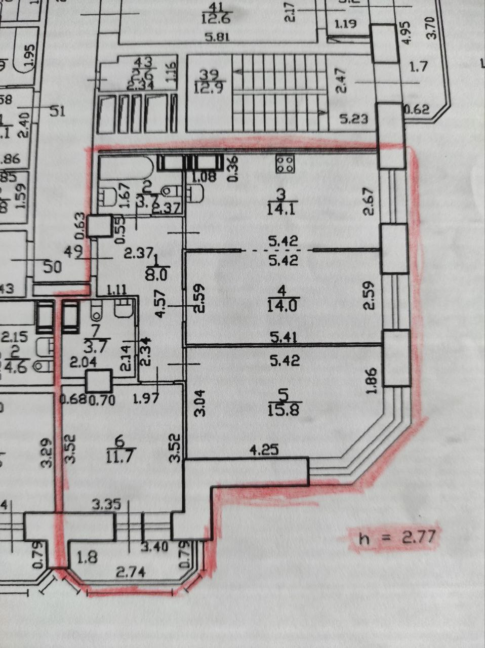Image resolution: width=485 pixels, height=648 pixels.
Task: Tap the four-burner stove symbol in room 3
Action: point(286,163)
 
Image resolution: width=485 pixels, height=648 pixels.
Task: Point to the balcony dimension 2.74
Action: point(131,573)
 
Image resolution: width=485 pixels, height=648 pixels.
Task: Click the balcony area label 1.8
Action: point(87,557)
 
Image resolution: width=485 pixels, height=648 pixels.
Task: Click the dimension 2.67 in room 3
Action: point(370,201)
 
